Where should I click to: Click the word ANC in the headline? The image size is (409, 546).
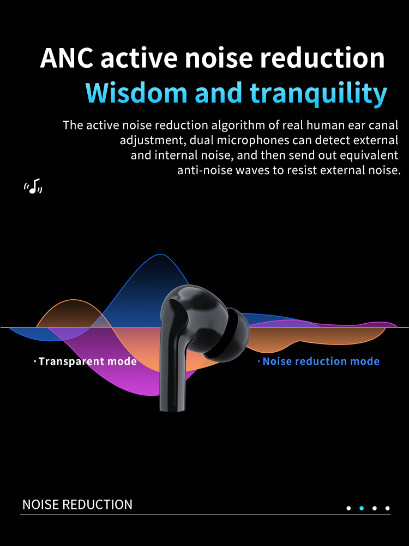pos(67,58)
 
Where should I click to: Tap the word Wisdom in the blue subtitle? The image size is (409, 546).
pos(136,93)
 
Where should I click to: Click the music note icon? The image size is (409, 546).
pos(33,186)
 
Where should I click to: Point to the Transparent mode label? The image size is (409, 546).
pos(86,361)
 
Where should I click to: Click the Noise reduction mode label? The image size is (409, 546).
pos(318,361)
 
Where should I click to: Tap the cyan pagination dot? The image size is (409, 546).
pos(362,508)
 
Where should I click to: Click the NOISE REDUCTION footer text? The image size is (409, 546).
pos(77,505)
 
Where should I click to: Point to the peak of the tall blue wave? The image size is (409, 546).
pos(160,254)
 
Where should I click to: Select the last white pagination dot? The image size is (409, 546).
pos(387,508)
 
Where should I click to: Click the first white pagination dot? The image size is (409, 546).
pos(348,508)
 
